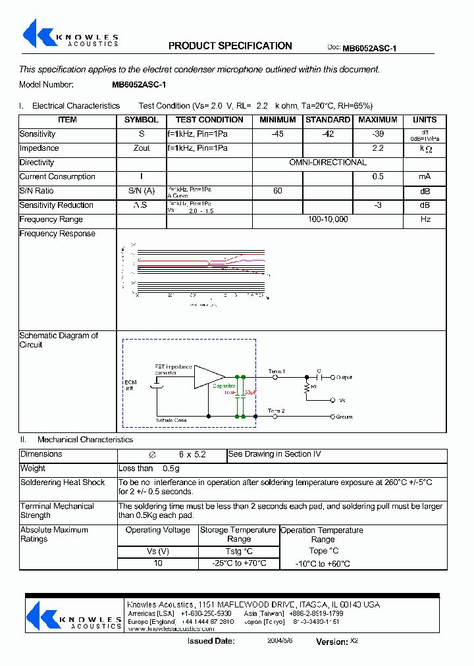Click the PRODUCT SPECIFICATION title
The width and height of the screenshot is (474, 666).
pyautogui.click(x=230, y=46)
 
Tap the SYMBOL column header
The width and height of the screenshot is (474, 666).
pyautogui.click(x=142, y=120)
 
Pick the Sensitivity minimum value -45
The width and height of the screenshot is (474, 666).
pyautogui.click(x=277, y=134)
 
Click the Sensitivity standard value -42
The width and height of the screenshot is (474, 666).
pyautogui.click(x=327, y=134)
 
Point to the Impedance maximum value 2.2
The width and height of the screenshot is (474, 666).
pyautogui.click(x=377, y=149)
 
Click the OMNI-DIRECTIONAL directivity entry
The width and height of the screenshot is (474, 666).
pyautogui.click(x=328, y=163)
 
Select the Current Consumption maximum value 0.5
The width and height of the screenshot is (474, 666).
pyautogui.click(x=377, y=177)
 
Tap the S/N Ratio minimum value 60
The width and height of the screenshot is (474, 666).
pyautogui.click(x=277, y=191)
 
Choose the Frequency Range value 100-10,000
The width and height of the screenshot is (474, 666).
pyautogui.click(x=328, y=220)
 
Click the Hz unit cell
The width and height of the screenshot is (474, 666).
pyautogui.click(x=425, y=220)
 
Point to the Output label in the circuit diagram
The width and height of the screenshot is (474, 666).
pyautogui.click(x=344, y=378)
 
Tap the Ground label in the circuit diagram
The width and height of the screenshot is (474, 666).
pyautogui.click(x=344, y=417)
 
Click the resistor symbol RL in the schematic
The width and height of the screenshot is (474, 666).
pyautogui.click(x=306, y=388)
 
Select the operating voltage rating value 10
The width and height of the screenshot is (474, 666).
pyautogui.click(x=157, y=563)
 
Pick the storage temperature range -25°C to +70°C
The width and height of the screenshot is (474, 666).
pyautogui.click(x=238, y=563)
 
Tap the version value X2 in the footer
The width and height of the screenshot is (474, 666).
pyautogui.click(x=354, y=640)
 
